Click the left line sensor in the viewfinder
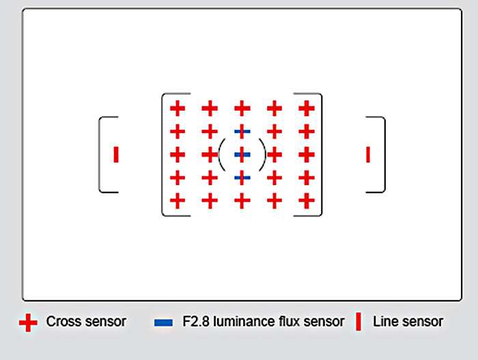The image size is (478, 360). coord(116,155)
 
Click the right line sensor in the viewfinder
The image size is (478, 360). coord(368,155)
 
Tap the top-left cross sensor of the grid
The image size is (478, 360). coord(178,108)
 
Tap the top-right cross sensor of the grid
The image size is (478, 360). coord(307,108)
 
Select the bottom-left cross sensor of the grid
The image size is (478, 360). coord(178,202)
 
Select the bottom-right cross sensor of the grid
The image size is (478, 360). coord(307,202)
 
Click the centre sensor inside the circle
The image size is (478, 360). coord(242,155)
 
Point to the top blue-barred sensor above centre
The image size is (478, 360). coord(242,131)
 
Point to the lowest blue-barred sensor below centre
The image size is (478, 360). coord(242,178)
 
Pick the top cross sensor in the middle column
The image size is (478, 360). coord(242,108)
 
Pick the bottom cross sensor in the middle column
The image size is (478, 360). coord(242,202)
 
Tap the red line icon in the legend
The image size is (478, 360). coord(358,322)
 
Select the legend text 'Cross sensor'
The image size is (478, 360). coord(86,322)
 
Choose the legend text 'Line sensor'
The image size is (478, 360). coord(408,322)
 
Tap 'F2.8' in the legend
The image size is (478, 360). coord(196,322)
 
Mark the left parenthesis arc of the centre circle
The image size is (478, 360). coord(221,155)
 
